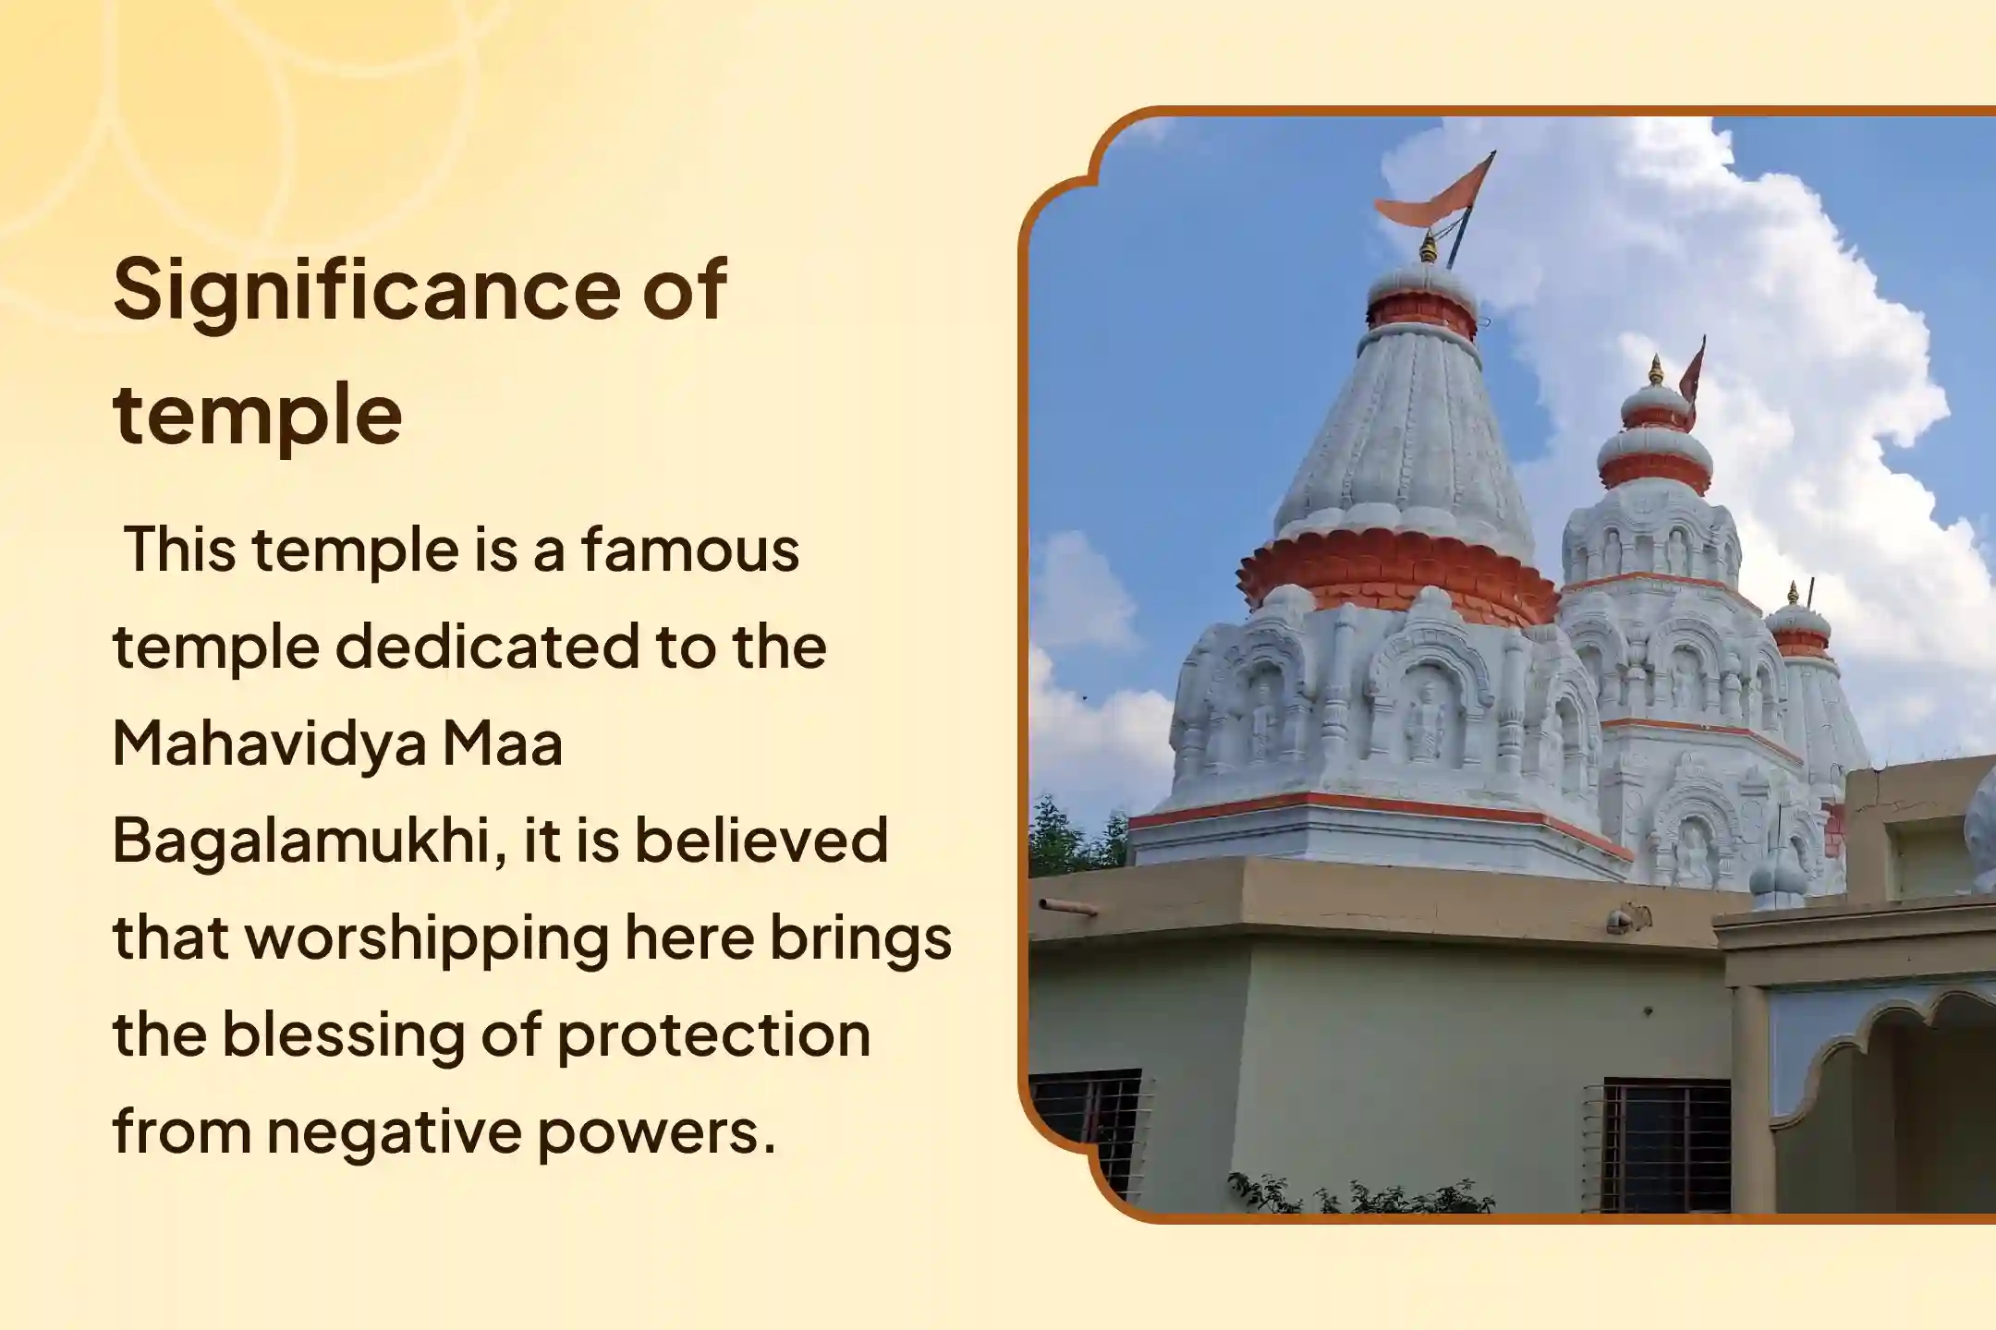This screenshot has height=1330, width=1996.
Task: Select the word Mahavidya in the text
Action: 269,744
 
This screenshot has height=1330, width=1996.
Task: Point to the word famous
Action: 689,550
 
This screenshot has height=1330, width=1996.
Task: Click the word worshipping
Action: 426,938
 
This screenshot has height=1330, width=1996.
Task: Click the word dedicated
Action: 486,647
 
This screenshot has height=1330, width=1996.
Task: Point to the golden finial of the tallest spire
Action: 1429,248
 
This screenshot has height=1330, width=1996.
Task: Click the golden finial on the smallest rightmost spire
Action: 1793,593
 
